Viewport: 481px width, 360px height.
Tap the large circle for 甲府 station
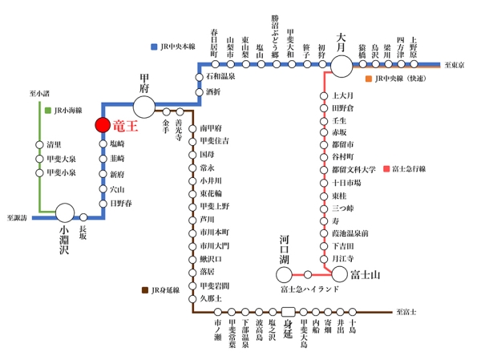[144, 105]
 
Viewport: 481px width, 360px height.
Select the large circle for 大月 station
[342, 65]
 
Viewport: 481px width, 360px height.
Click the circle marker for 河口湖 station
[285, 275]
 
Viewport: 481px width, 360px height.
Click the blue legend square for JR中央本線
[154, 47]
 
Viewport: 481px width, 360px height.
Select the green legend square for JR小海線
[48, 110]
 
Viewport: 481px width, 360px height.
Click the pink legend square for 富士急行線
[386, 169]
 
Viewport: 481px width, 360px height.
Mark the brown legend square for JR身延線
[144, 290]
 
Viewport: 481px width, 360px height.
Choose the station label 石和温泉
[223, 77]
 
